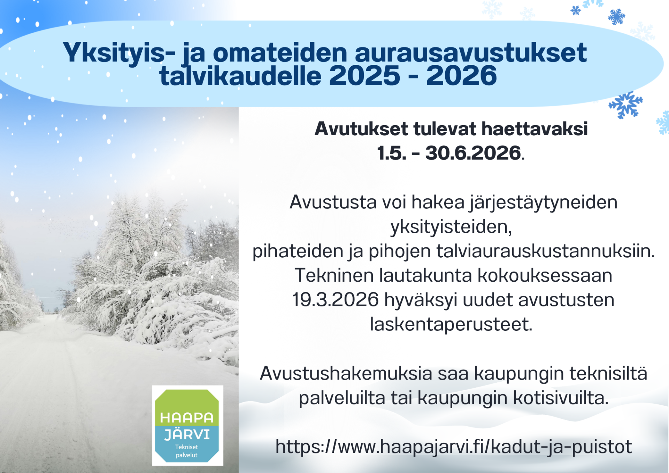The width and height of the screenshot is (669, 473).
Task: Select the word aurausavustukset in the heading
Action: [471, 53]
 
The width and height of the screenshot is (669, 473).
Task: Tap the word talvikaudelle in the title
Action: [240, 76]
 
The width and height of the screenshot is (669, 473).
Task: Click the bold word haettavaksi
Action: [535, 129]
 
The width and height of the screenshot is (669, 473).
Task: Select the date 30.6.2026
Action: [473, 153]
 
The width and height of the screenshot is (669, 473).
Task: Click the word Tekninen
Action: [334, 275]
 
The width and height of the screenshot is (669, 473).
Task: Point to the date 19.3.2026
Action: [335, 300]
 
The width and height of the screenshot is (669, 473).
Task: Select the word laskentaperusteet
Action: [451, 325]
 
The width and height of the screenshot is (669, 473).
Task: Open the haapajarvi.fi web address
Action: [453, 447]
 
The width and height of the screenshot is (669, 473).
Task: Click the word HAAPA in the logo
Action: [187, 418]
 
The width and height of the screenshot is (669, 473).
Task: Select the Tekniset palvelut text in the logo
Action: [187, 451]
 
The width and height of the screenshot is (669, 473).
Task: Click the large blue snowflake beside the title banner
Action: [625, 105]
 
